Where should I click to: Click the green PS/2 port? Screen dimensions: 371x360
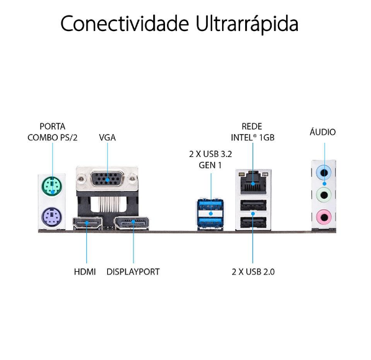click(x=52, y=186)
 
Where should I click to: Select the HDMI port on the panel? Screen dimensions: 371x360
click(x=87, y=223)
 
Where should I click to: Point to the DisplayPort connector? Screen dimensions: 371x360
click(x=132, y=223)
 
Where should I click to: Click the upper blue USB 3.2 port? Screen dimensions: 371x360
click(x=210, y=204)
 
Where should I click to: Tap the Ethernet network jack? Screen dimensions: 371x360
click(x=253, y=183)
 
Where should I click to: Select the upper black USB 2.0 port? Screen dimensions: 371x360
click(x=253, y=205)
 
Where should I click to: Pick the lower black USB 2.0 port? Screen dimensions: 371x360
click(x=253, y=222)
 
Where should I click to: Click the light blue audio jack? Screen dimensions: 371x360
click(x=324, y=173)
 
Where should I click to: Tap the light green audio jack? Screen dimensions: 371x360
click(x=324, y=195)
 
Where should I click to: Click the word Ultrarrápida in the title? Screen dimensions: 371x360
click(x=247, y=24)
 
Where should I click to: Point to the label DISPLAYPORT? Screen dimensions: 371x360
click(x=133, y=272)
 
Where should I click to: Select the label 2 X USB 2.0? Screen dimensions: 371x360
click(x=253, y=272)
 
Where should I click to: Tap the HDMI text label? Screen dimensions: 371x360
click(x=85, y=272)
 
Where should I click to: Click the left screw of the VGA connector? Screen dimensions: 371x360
click(x=81, y=179)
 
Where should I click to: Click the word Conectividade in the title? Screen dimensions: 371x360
click(x=125, y=23)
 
